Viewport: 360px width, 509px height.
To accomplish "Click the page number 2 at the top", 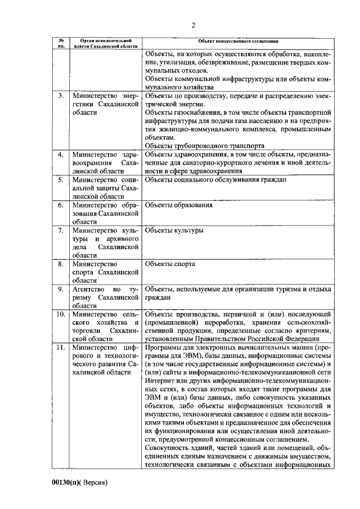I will [193, 25].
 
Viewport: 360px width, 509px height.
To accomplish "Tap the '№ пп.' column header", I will [60, 44].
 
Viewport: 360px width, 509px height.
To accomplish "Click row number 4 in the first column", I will [60, 154].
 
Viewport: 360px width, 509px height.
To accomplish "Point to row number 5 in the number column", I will [60, 180].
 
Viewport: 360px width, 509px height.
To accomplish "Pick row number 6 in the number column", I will [60, 205].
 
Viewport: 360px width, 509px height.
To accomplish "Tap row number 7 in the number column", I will [60, 231].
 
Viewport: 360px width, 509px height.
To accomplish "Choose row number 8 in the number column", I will [60, 263].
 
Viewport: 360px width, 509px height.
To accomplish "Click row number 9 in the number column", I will [60, 289].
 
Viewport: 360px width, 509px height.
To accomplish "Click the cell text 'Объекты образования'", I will [179, 205].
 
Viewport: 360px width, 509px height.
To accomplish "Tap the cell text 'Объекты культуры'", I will [174, 231].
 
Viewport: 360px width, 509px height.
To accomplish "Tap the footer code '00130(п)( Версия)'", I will [80, 483].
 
